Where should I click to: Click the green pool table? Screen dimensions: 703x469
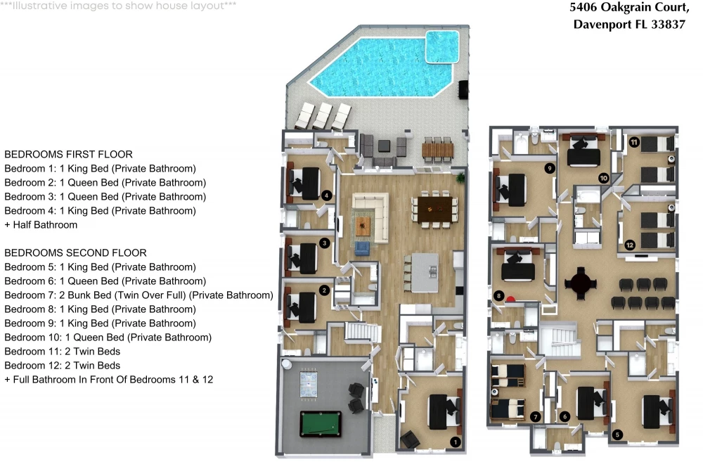(x=321, y=424)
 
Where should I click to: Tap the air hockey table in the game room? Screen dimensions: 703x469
(x=309, y=383)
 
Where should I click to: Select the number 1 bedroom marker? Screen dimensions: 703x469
(x=456, y=442)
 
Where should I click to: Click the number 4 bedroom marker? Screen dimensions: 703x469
(x=326, y=195)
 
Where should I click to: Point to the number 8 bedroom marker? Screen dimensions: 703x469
(x=498, y=296)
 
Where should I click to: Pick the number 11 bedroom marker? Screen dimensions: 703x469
(x=634, y=143)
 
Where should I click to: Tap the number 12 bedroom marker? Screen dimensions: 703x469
(x=630, y=245)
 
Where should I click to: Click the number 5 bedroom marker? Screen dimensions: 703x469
(x=617, y=435)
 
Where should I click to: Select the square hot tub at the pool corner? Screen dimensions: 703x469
(x=442, y=46)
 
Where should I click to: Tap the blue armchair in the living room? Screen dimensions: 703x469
(x=362, y=248)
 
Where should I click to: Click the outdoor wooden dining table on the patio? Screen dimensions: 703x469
(x=437, y=150)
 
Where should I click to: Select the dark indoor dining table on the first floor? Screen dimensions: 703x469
(x=435, y=210)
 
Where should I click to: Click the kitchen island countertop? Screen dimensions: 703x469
(x=425, y=273)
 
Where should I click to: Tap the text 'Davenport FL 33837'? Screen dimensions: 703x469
(x=629, y=24)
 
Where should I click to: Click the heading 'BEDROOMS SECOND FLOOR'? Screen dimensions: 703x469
(x=75, y=253)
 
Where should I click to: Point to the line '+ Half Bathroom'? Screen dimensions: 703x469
(x=41, y=224)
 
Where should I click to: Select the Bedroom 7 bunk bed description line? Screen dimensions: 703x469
(x=138, y=295)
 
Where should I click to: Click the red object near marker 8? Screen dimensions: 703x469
(x=510, y=299)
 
